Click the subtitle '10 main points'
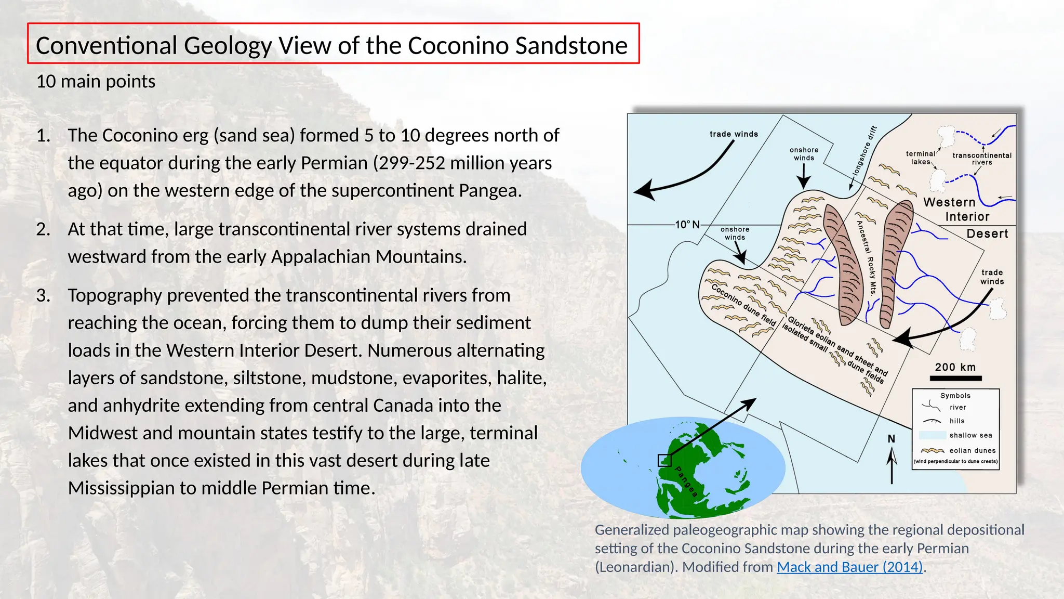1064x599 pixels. (96, 82)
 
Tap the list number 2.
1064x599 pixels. (43, 229)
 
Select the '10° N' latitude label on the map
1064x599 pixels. (687, 225)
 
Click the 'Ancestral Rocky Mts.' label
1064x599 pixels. (866, 258)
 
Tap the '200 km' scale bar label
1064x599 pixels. (955, 367)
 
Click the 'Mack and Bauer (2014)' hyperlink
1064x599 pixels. (849, 567)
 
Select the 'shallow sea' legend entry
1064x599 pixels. (970, 435)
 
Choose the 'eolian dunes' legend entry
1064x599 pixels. (972, 451)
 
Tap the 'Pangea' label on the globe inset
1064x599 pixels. (686, 481)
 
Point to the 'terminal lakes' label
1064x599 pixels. (920, 158)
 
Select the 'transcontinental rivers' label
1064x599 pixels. (981, 159)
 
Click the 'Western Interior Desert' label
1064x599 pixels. (966, 217)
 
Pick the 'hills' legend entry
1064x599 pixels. (956, 421)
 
